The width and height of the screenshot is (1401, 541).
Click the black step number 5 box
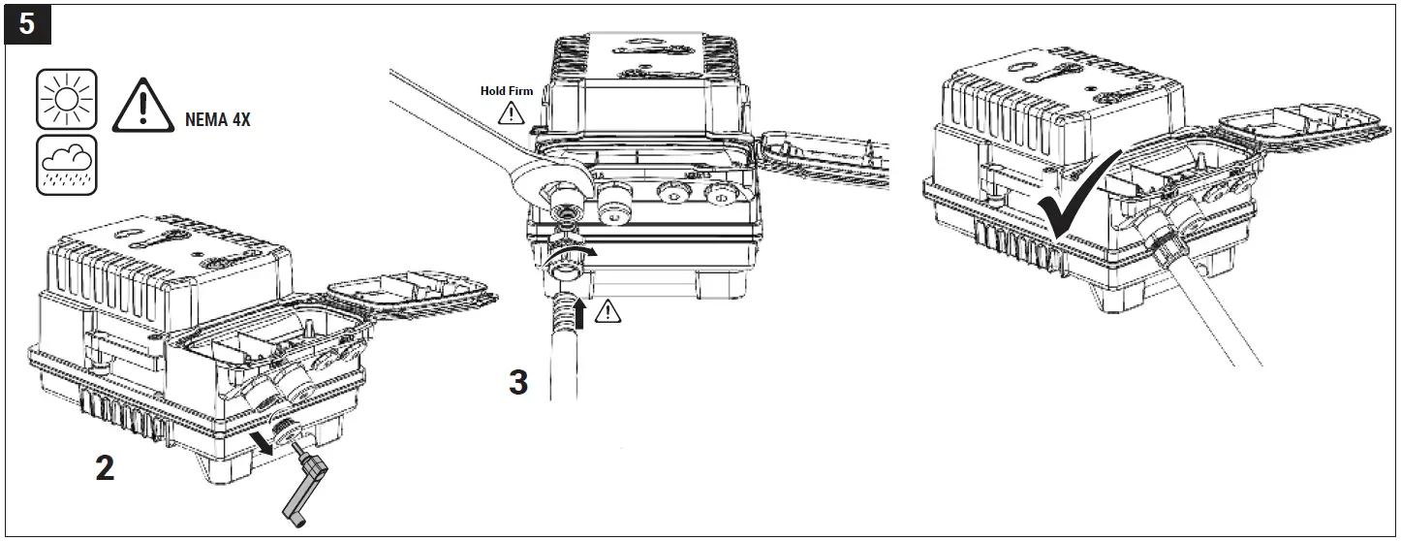(x=26, y=24)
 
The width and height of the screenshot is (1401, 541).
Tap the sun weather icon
(x=67, y=99)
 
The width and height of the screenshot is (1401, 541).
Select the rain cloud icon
(x=67, y=164)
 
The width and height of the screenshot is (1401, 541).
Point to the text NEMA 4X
(x=216, y=123)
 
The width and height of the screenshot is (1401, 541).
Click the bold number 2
(x=104, y=468)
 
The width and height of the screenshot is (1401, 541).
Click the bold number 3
(x=519, y=382)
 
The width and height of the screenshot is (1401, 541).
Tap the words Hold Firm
(x=507, y=91)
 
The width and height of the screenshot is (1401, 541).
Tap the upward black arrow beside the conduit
(x=581, y=314)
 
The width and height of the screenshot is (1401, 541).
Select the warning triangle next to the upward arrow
(x=609, y=311)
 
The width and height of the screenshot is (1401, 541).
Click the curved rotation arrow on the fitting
(x=573, y=255)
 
